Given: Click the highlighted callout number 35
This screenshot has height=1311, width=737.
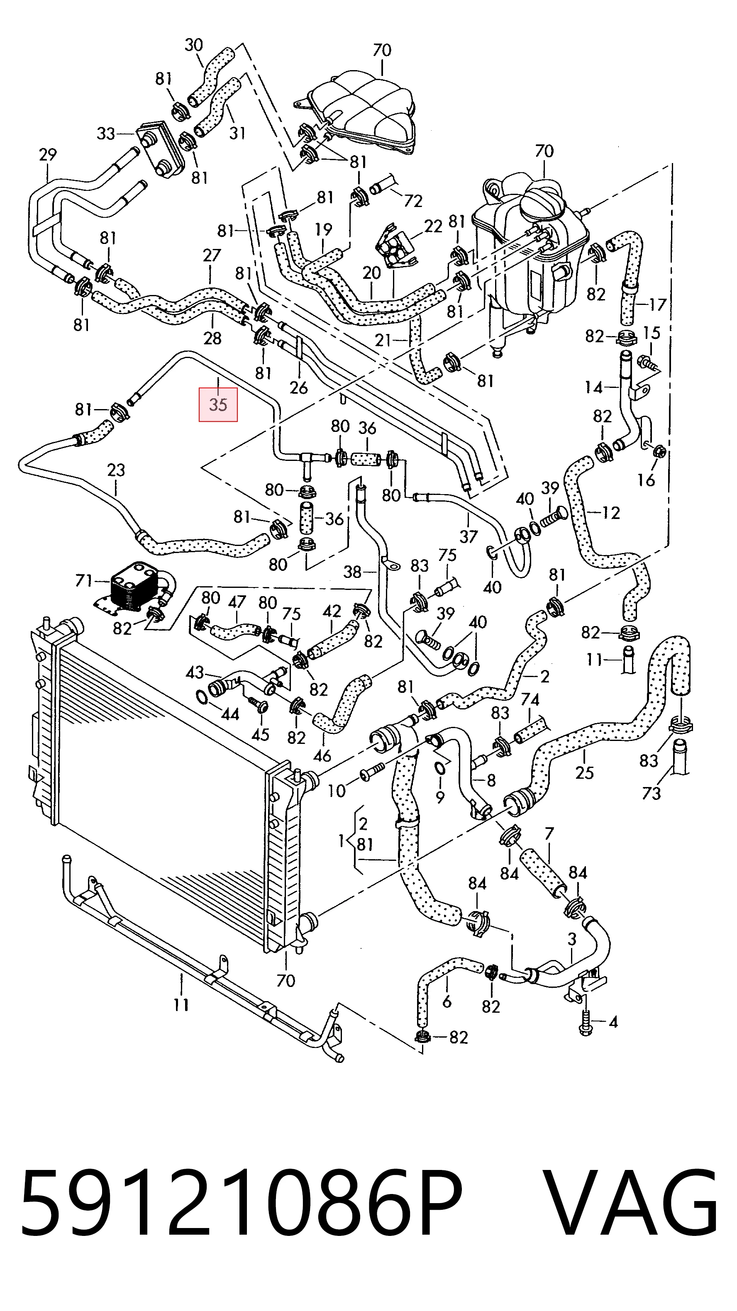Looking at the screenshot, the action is click(x=218, y=405).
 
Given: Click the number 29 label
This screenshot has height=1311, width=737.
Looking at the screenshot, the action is click(x=48, y=154).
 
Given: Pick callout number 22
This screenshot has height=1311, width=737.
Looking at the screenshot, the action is click(x=433, y=226).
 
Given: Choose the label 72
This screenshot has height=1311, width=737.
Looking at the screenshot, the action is click(x=413, y=201).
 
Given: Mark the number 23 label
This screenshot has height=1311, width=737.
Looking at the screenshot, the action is click(x=116, y=469).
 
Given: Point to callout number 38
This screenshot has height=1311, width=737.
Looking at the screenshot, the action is click(x=352, y=572).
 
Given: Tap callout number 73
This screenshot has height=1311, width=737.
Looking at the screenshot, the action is click(x=651, y=793).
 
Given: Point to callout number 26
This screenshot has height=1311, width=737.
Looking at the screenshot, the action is click(x=299, y=387).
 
